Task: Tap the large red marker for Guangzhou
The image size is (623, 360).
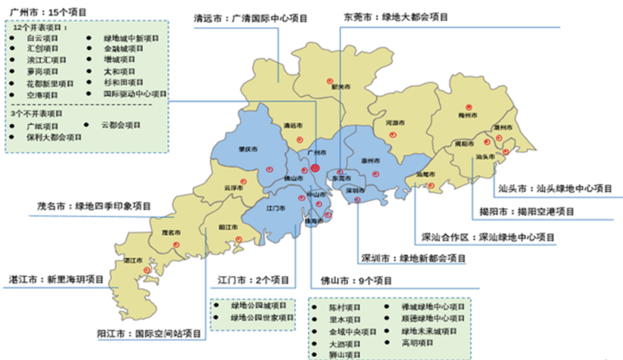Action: pyautogui.click(x=315, y=168)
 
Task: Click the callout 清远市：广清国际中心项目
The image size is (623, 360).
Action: pyautogui.click(x=250, y=18)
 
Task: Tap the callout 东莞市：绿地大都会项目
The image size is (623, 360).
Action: pyautogui.click(x=396, y=17)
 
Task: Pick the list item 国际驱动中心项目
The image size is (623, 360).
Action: pyautogui.click(x=135, y=93)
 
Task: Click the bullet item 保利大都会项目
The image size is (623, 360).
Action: pyautogui.click(x=54, y=137)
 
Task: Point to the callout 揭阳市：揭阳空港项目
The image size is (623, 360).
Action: pyautogui.click(x=527, y=212)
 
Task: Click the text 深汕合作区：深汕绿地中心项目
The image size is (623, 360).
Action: pyautogui.click(x=488, y=237)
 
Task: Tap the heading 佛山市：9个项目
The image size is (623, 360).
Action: pyautogui.click(x=356, y=281)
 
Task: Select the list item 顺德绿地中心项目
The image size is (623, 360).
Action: pyautogui.click(x=433, y=318)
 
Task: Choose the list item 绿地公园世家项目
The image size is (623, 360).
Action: pyautogui.click(x=262, y=317)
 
